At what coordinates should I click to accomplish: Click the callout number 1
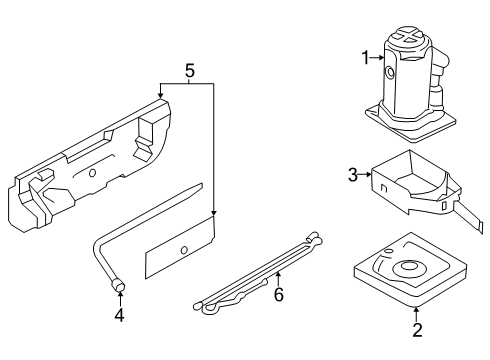point(365,59)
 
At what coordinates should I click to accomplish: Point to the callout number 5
point(188,71)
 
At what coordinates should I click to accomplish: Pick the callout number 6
point(279,294)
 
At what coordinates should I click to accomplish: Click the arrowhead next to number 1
point(380,59)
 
